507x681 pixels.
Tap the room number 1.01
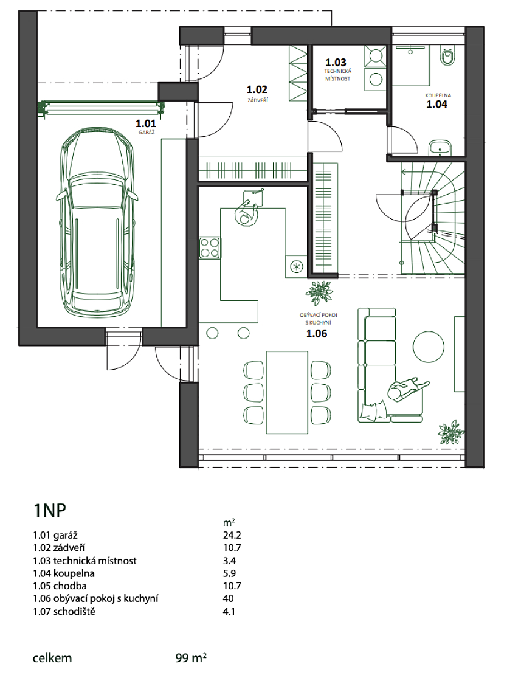coord(146,124)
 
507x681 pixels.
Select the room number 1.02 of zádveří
coord(257,89)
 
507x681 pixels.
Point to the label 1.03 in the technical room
coord(336,63)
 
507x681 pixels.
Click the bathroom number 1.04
coord(436,104)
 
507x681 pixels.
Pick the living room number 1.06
coord(317,334)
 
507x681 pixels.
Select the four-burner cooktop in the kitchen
coord(210,249)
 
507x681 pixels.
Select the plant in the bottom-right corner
coord(452,432)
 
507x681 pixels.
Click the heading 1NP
coord(49,511)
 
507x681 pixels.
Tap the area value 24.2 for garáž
coord(232,535)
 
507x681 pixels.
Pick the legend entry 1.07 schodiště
coord(64,612)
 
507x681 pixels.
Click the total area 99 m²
coord(191,658)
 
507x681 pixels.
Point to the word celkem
coord(52,658)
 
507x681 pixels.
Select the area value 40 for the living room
coord(229,598)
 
